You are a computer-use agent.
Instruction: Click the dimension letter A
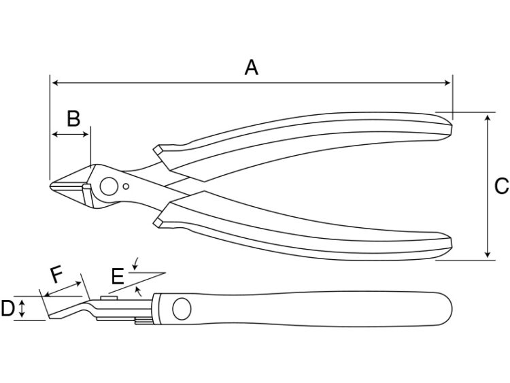pyautogui.click(x=252, y=67)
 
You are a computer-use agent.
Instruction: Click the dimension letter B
pyautogui.click(x=73, y=118)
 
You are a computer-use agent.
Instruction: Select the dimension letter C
pyautogui.click(x=502, y=186)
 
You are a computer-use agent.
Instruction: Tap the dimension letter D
pyautogui.click(x=7, y=308)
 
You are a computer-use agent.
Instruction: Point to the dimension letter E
pyautogui.click(x=118, y=276)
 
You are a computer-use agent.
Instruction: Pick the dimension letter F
pyautogui.click(x=56, y=274)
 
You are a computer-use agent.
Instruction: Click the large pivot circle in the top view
pyautogui.click(x=109, y=186)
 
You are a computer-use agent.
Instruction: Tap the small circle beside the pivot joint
pyautogui.click(x=126, y=186)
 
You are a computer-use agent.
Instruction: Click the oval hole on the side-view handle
pyautogui.click(x=182, y=308)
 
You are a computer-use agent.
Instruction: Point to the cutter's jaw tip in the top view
pyautogui.click(x=50, y=186)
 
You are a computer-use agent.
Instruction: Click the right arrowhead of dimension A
pyautogui.click(x=447, y=83)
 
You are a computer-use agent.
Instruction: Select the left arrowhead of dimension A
pyautogui.click(x=55, y=83)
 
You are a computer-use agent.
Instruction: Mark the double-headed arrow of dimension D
pyautogui.click(x=22, y=308)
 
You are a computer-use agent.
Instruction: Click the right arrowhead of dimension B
pyautogui.click(x=86, y=134)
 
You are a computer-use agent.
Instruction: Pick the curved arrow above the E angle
pyautogui.click(x=135, y=263)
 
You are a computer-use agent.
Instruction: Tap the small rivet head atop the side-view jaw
pyautogui.click(x=109, y=298)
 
